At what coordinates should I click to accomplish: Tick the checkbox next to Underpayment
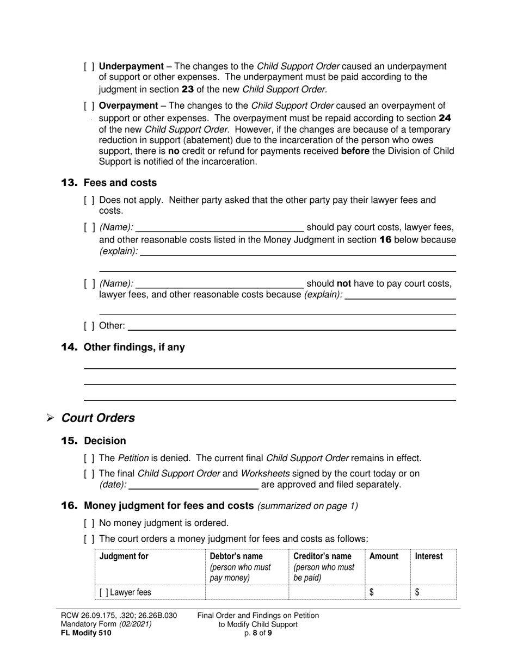[x=89, y=66]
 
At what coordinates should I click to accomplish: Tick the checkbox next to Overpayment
[x=89, y=106]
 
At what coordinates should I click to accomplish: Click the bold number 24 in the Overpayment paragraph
[x=445, y=118]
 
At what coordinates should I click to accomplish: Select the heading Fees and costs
[x=120, y=183]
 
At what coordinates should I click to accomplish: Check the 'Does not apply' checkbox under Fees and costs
[x=89, y=200]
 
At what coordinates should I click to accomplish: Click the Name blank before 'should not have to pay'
[x=220, y=283]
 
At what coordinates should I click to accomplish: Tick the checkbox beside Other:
[x=89, y=326]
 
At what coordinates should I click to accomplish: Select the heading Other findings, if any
[x=134, y=347]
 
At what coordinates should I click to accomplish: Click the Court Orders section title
[x=98, y=418]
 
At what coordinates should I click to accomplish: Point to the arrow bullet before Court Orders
[x=50, y=418]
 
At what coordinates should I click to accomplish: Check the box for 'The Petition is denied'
[x=89, y=459]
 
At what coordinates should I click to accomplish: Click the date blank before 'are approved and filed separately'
[x=193, y=485]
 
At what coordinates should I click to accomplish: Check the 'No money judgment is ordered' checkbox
[x=89, y=523]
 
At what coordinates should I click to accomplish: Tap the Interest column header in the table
[x=429, y=556]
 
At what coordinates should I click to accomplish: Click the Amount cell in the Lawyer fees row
[x=387, y=592]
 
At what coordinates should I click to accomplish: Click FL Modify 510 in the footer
[x=86, y=633]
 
